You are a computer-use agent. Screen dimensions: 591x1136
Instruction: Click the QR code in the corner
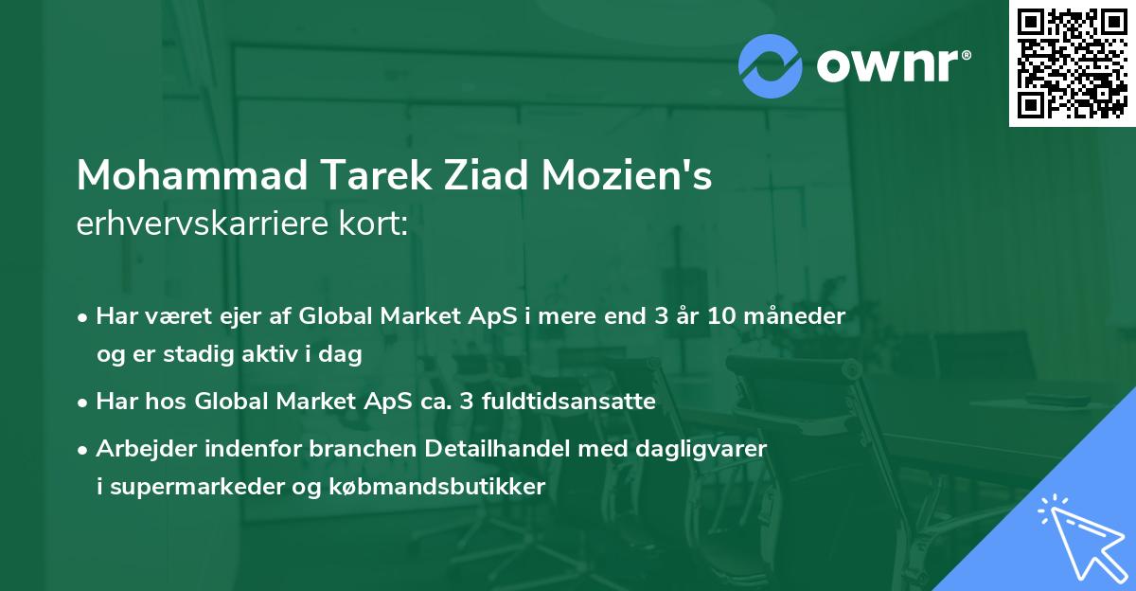(1073, 63)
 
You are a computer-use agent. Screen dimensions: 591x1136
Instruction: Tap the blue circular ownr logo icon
(771, 65)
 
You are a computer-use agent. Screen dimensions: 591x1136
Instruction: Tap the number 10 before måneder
(719, 315)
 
